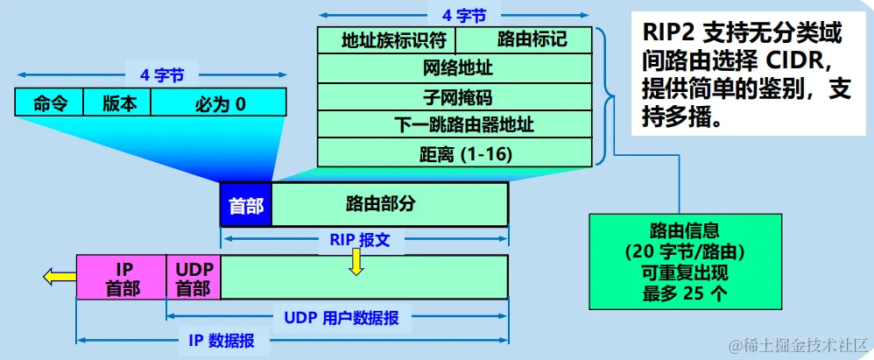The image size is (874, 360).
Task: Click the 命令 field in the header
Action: coord(49,103)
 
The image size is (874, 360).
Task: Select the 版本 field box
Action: coord(118,103)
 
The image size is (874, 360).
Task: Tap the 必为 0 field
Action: coord(220,104)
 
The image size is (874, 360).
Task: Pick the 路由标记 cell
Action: coord(532,40)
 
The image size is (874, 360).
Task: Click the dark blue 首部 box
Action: coord(246,205)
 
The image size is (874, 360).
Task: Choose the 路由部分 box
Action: coord(390,205)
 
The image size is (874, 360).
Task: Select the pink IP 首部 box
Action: coord(122,277)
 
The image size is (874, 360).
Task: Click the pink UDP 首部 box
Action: coord(193,277)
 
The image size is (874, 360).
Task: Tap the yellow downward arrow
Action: coord(356,261)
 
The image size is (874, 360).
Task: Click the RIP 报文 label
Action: coord(359,239)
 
